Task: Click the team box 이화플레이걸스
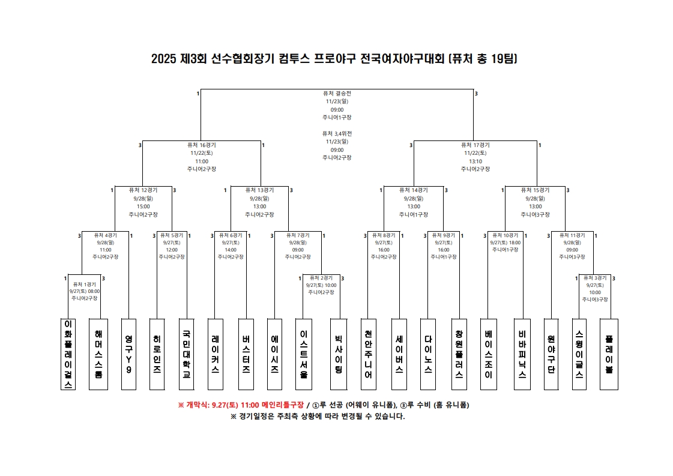[68, 354]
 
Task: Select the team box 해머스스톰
[98, 354]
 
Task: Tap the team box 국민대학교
[187, 354]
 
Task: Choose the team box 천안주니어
[368, 354]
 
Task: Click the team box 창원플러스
[459, 354]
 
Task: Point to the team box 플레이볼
[609, 354]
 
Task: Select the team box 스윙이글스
[579, 354]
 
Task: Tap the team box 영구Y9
[128, 354]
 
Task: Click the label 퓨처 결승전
[337, 94]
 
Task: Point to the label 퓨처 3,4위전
[337, 133]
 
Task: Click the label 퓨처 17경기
[475, 145]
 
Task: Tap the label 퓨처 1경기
[84, 284]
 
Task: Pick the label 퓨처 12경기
[143, 190]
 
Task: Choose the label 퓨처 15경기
[535, 190]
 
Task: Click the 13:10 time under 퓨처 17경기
[475, 161]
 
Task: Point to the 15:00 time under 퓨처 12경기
[143, 206]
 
